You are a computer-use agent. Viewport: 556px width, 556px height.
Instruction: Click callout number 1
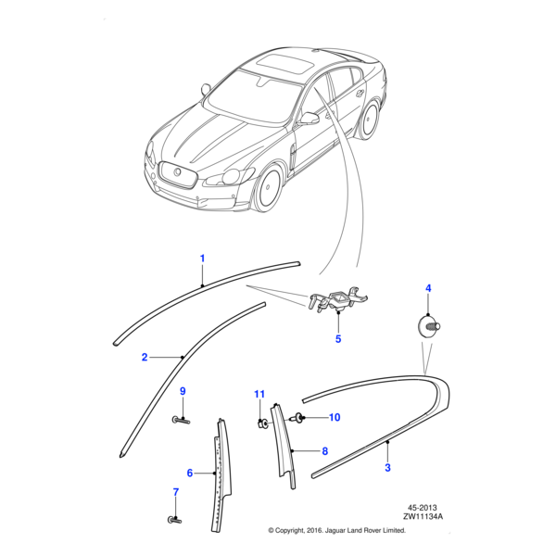(202, 258)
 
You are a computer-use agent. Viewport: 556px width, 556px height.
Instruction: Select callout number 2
(145, 357)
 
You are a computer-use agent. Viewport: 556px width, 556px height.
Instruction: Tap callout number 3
(387, 469)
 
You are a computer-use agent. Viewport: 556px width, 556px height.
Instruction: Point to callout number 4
(428, 289)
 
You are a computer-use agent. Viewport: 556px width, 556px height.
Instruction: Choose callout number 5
(338, 339)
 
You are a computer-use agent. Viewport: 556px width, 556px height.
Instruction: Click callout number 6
(190, 473)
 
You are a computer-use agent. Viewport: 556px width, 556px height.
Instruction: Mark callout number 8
(324, 451)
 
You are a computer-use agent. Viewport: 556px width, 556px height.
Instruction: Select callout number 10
(335, 418)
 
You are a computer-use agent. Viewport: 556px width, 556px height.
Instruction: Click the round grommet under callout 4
(428, 325)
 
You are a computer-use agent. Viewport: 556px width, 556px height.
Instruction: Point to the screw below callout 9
(181, 420)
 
